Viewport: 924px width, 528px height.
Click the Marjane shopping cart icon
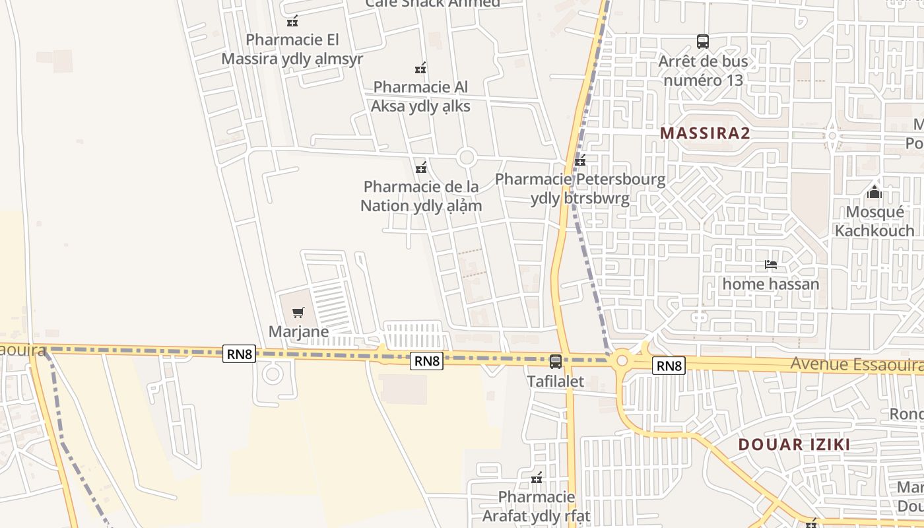298,312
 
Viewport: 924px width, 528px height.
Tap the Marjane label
298,331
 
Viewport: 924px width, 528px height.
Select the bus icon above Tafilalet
556,361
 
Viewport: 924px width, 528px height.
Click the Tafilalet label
555,381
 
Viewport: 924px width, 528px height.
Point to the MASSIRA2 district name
705,133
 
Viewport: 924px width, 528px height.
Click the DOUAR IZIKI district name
794,444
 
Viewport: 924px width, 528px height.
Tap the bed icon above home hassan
770,265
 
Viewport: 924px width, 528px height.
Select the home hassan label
770,284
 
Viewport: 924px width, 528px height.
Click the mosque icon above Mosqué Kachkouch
874,192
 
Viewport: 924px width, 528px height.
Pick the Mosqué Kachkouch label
874,221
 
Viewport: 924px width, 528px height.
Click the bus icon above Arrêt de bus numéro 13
703,42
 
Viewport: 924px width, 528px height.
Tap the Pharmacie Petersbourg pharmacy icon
580,160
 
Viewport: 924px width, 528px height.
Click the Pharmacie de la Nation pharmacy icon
421,167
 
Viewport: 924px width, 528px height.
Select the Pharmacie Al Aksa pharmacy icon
420,67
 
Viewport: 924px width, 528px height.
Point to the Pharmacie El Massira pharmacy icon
292,21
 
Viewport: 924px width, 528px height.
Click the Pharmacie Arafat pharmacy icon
537,477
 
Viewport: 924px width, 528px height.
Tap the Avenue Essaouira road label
857,364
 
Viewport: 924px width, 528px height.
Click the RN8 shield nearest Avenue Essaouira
669,366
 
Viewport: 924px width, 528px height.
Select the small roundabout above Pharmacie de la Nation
467,158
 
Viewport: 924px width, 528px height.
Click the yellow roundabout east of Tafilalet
621,360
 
